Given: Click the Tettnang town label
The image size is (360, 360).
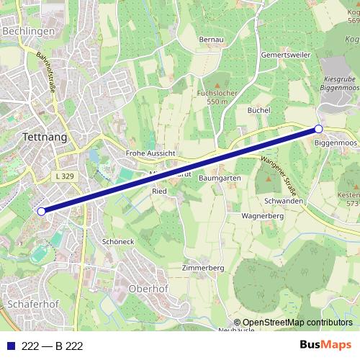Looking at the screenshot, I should pyautogui.click(x=40, y=137).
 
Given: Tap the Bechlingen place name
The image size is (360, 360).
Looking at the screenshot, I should pyautogui.click(x=28, y=32).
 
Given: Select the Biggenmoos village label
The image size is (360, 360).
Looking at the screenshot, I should pyautogui.click(x=336, y=143).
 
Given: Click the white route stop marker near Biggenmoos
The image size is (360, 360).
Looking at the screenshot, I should pyautogui.click(x=318, y=130).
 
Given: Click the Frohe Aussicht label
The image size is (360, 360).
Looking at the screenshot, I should pyautogui.click(x=150, y=153).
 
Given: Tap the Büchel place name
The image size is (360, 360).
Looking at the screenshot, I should pyautogui.click(x=258, y=110).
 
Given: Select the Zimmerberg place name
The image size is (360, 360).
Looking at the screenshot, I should pyautogui.click(x=204, y=267).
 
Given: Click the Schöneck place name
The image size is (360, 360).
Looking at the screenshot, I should pyautogui.click(x=118, y=242).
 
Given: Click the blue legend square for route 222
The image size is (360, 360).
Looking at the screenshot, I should pyautogui.click(x=9, y=346).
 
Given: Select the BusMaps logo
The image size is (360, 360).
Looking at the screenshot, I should pyautogui.click(x=325, y=346).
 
